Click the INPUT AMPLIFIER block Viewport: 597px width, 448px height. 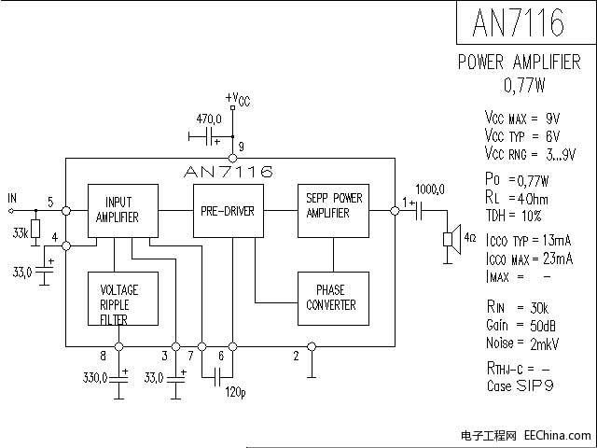tap(123, 211)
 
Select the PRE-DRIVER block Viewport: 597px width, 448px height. tap(229, 211)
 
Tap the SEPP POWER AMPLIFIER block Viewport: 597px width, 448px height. tap(333, 211)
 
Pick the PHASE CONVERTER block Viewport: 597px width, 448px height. tap(333, 299)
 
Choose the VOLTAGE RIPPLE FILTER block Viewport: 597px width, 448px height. tap(123, 299)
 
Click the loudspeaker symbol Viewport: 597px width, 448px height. tap(452, 239)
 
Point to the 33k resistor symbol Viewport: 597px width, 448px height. tap(35, 229)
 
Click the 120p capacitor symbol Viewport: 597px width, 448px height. tap(217, 377)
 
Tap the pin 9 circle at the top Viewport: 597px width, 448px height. tap(232, 158)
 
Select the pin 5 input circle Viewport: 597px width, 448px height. tap(66, 210)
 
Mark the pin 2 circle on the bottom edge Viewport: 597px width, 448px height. tap(312, 346)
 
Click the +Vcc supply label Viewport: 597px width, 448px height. tap(238, 99)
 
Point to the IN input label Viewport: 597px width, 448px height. tap(12, 198)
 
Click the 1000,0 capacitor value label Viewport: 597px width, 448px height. tap(430, 189)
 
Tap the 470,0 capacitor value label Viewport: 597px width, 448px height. tap(209, 119)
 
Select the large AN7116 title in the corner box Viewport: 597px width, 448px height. tap(519, 22)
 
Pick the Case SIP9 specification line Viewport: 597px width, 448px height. tap(521, 385)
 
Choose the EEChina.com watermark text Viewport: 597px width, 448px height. tap(558, 435)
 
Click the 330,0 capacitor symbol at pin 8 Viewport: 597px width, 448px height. tap(118, 379)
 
